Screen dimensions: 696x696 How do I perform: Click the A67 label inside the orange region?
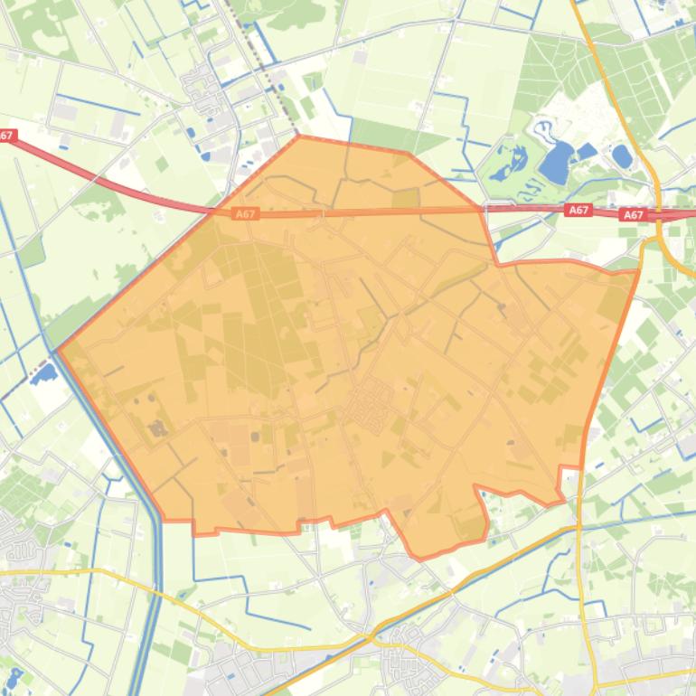(x=245, y=214)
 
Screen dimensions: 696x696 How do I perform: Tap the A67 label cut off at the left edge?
(x=6, y=136)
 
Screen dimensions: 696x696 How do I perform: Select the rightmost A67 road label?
(x=633, y=215)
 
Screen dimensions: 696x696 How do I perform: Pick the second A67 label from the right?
(x=578, y=210)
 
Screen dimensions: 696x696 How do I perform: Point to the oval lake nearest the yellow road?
(x=621, y=155)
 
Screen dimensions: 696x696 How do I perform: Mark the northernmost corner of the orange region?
(x=298, y=136)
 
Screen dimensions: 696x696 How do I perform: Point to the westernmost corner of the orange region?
(x=58, y=350)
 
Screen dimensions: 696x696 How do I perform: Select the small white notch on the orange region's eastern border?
(x=569, y=481)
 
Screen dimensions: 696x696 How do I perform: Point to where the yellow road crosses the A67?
(x=658, y=214)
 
